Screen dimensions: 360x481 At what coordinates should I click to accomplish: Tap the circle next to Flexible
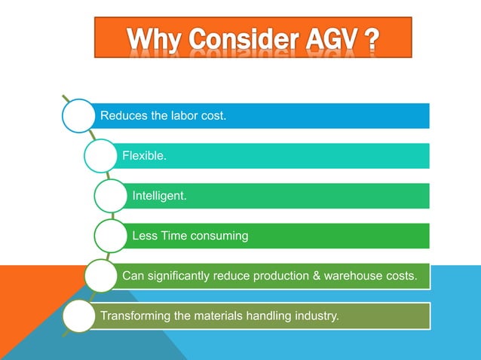102,156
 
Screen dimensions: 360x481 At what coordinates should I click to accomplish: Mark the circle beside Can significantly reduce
102,276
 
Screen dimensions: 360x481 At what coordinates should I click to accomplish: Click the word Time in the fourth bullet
173,236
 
